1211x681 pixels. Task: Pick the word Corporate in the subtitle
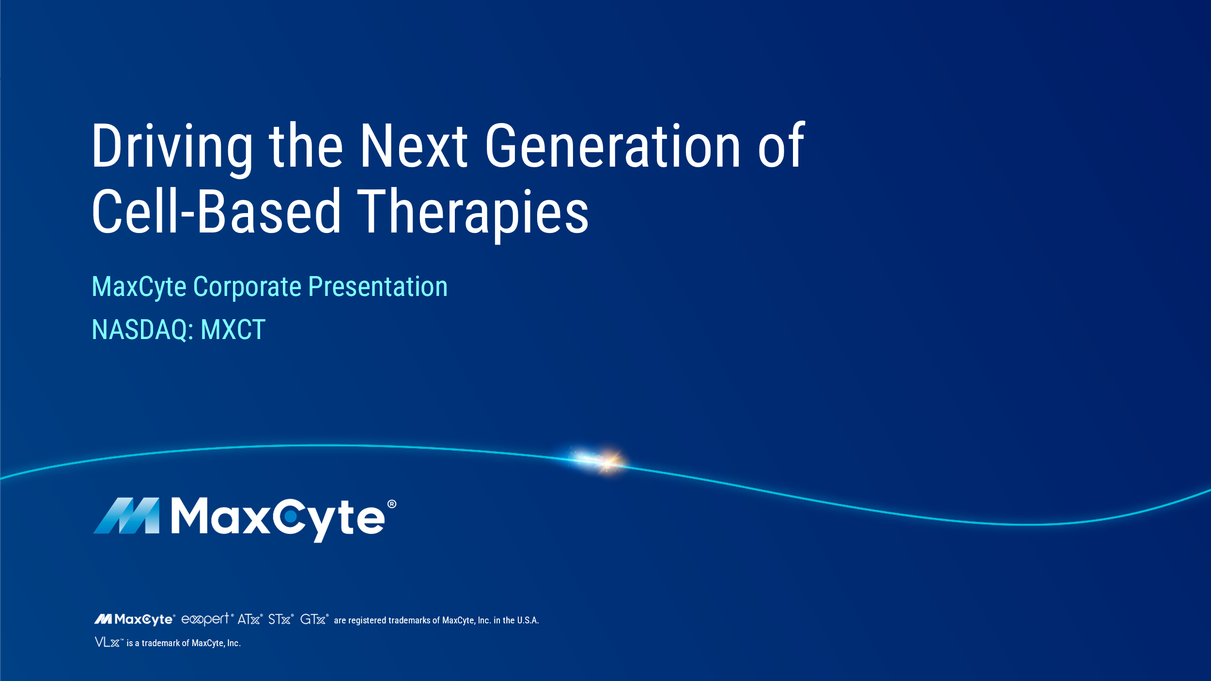248,287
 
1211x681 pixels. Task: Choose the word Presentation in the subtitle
378,287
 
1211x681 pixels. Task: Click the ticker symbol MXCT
233,330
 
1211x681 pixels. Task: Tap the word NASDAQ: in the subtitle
143,330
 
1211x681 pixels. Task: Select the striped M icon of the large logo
126,516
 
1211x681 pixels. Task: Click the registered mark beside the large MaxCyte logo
392,504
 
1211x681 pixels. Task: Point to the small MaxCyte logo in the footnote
134,619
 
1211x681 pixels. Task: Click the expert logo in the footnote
206,619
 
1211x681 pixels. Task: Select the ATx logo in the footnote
249,619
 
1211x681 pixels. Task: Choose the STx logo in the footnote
280,619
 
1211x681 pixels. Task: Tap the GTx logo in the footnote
314,619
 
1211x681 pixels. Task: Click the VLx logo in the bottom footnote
109,642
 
